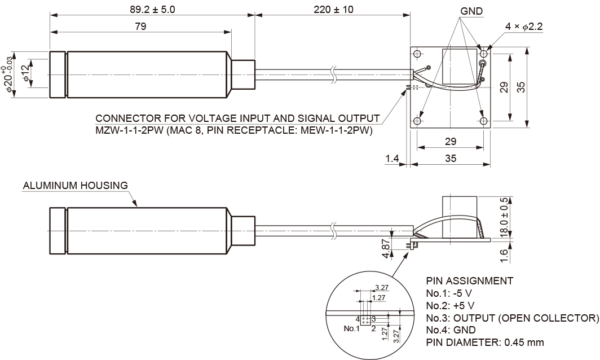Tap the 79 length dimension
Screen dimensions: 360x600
coord(141,27)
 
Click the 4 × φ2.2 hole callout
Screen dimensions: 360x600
coord(524,27)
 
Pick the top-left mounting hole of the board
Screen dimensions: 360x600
coord(417,54)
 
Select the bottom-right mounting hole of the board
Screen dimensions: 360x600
coord(483,121)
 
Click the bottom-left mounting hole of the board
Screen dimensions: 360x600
coord(417,121)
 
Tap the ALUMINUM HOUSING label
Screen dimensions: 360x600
coord(75,185)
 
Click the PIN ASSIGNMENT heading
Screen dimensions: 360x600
coord(469,280)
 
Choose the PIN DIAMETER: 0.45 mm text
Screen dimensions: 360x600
coord(485,343)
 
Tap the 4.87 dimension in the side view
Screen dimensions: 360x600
coord(386,248)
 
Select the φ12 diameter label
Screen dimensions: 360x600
coord(24,72)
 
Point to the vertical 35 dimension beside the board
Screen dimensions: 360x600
coord(520,87)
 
